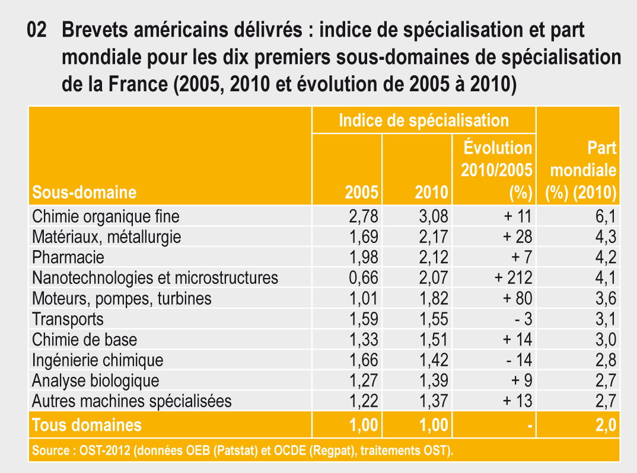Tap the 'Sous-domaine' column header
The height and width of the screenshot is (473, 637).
84,192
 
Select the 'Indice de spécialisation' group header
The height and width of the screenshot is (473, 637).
423,120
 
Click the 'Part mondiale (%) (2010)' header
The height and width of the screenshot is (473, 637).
582,170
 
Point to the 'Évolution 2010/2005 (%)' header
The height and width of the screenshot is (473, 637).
496,170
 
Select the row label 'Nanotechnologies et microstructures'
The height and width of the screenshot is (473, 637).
155,277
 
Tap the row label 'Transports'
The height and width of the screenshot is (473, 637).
68,319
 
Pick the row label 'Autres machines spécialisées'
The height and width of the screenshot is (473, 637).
132,401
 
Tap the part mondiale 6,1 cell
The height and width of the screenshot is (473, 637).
604,216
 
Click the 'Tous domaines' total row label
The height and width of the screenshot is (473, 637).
87,425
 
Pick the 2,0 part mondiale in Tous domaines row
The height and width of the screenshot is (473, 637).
604,425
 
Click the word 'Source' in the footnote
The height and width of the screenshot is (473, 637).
49,451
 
